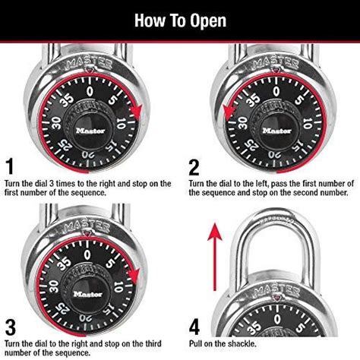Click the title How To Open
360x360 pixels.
[x=180, y=20]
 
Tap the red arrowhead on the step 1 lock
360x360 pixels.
[x=137, y=113]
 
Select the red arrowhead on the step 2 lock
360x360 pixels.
[x=227, y=113]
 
